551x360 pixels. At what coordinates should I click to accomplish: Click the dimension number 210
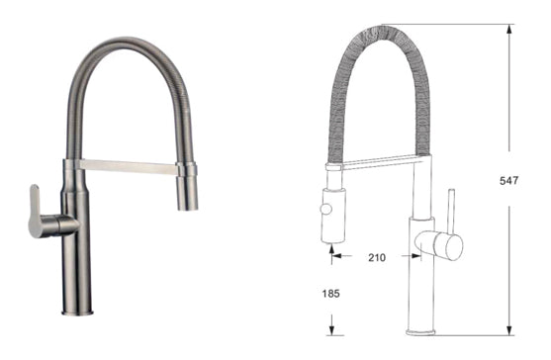(376, 258)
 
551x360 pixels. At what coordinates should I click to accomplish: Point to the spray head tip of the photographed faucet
(188, 202)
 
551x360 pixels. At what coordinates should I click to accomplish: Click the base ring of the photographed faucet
(77, 315)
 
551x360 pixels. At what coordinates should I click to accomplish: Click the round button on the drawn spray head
(323, 210)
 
